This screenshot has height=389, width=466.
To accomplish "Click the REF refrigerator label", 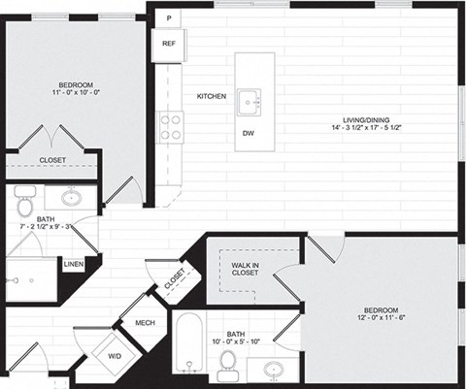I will coord(168,44).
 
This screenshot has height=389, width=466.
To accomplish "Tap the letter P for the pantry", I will coord(168,18).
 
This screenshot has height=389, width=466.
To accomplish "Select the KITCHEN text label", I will coord(212,96).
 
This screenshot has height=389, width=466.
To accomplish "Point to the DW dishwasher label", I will coord(250,133).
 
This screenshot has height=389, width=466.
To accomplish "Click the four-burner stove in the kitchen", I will coord(171,126).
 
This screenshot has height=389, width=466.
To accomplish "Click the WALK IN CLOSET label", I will coord(245,269).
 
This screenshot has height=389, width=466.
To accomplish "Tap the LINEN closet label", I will coord(73,263).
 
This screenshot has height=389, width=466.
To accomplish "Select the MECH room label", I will coord(146,323).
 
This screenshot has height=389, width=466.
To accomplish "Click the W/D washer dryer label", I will coord(115,356).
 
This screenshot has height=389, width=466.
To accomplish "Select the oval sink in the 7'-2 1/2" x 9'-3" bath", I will coord(72,198).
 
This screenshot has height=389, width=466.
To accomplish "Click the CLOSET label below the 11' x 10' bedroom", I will coord(52,160).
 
